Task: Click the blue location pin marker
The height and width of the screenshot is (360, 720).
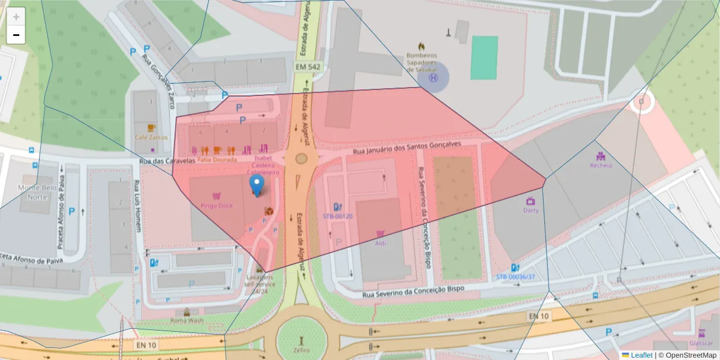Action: click(257, 185)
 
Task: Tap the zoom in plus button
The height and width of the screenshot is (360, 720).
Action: click(16, 17)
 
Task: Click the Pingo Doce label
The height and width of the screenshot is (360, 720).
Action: click(217, 206)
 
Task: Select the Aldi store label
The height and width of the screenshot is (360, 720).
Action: click(380, 243)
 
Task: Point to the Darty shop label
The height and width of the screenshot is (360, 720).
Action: click(530, 210)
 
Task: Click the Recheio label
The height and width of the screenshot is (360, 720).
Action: click(601, 165)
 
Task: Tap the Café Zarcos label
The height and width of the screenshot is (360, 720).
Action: click(150, 137)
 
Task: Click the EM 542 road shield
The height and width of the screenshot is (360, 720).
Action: click(308, 67)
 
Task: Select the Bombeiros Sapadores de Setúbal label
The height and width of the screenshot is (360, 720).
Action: click(421, 62)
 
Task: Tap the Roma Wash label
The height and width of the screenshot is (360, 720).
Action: click(187, 320)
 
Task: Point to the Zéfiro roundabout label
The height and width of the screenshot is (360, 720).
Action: click(302, 350)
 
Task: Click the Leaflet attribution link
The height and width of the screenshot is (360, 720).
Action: click(641, 355)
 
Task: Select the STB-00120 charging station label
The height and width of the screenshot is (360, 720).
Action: click(338, 216)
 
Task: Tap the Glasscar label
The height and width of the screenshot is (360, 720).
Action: click(701, 343)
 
